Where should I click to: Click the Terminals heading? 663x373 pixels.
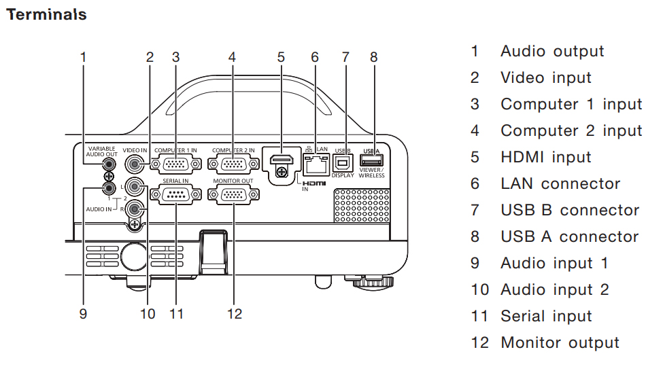[x=46, y=14]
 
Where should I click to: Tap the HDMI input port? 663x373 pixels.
[x=282, y=160]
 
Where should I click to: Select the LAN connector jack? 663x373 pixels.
[x=316, y=164]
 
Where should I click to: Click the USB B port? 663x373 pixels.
[x=343, y=162]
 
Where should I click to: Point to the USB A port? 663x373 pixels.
[x=372, y=160]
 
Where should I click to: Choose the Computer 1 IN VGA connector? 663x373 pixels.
[x=175, y=164]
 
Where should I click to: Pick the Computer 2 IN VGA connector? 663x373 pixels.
[x=233, y=164]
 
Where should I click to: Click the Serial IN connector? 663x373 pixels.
[x=175, y=194]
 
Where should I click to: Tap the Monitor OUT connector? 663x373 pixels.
[x=233, y=194]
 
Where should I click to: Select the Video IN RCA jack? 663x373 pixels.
[x=135, y=164]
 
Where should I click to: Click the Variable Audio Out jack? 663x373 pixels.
[x=109, y=163]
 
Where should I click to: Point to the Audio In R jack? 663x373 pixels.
[x=135, y=209]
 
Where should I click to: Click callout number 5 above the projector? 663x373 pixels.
[x=282, y=57]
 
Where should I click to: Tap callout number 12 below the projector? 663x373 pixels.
[x=235, y=314]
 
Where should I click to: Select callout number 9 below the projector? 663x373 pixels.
[x=83, y=314]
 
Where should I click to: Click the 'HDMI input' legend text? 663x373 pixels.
[x=546, y=158]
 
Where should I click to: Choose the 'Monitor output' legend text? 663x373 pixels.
[x=560, y=342]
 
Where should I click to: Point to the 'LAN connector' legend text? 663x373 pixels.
[x=560, y=183]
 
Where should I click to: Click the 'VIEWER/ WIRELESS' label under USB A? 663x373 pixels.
[x=372, y=173]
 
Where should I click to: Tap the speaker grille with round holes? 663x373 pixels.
[x=362, y=206]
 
